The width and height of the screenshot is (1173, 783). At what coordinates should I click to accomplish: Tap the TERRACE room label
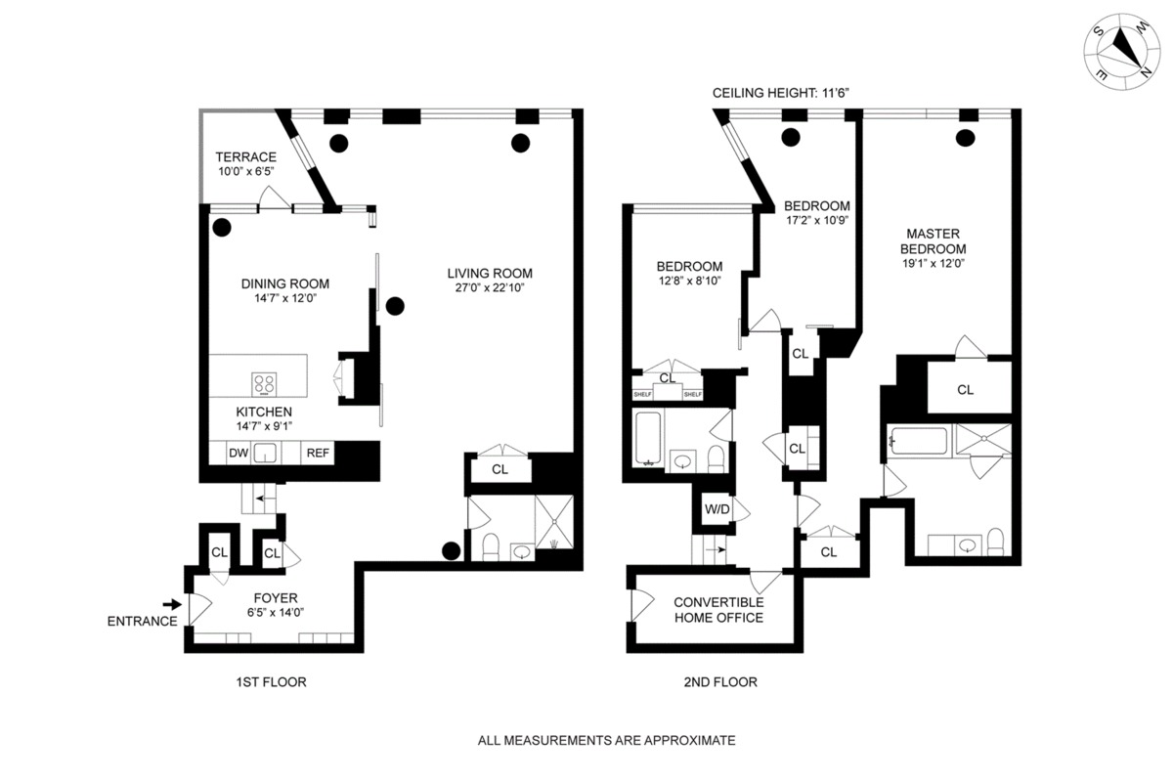click(245, 156)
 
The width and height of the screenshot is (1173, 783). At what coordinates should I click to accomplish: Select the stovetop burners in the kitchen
click(265, 382)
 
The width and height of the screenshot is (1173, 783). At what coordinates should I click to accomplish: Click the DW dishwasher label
click(238, 453)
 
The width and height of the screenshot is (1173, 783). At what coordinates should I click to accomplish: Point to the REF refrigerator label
click(317, 453)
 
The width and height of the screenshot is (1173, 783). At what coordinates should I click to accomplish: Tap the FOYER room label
click(275, 598)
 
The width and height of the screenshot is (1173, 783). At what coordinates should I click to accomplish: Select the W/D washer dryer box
click(717, 509)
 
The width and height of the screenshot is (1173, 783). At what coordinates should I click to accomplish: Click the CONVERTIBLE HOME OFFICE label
click(717, 610)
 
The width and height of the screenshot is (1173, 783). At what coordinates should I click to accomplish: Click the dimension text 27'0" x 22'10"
click(490, 287)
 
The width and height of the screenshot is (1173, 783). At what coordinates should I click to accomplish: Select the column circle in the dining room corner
click(222, 229)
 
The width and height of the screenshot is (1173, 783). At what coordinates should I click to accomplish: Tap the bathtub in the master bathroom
click(918, 442)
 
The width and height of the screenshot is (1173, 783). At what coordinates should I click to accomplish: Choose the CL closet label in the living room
click(500, 469)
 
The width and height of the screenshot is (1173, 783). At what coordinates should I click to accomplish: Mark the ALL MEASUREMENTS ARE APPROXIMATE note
click(605, 741)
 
